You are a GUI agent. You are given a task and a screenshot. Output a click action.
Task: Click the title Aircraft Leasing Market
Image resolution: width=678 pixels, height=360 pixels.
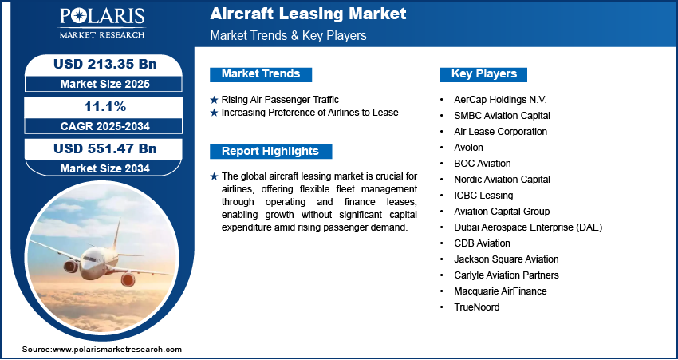point(308,14)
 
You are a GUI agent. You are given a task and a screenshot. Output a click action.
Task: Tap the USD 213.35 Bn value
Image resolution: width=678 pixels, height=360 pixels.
point(104,65)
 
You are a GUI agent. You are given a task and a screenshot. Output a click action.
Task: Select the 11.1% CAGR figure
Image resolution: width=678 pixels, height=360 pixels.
point(105,106)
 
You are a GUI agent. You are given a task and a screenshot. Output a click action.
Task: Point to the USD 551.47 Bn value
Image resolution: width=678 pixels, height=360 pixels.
point(104,148)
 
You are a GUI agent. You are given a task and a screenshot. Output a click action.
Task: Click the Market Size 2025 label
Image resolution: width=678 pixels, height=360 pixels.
point(105,84)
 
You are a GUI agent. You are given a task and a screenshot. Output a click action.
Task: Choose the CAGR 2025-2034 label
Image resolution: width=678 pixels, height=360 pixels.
point(105,126)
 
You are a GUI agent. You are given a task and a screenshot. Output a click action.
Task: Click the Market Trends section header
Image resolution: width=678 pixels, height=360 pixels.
point(261,74)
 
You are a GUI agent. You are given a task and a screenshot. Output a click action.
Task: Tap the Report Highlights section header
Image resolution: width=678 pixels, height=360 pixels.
point(270,152)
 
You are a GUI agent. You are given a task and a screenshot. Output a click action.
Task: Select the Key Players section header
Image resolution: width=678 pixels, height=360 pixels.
point(483,74)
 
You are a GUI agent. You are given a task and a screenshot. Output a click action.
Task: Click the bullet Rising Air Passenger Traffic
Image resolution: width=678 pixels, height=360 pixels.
point(280,100)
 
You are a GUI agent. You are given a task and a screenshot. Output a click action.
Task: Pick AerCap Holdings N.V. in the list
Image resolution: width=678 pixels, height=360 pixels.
point(500,100)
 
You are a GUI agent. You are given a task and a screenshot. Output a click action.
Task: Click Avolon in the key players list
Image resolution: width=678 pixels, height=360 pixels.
point(468,148)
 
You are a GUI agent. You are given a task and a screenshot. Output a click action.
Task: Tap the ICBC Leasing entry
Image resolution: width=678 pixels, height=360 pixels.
point(483,195)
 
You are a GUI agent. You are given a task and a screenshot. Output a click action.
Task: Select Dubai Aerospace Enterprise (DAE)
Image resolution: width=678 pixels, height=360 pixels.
point(528,227)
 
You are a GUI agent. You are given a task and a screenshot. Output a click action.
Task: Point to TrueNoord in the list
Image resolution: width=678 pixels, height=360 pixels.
point(476,307)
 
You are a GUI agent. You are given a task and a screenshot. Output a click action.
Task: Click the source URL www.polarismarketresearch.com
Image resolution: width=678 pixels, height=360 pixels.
point(117,349)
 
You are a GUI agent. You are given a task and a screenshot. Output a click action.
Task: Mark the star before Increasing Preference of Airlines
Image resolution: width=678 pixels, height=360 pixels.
point(214,113)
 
